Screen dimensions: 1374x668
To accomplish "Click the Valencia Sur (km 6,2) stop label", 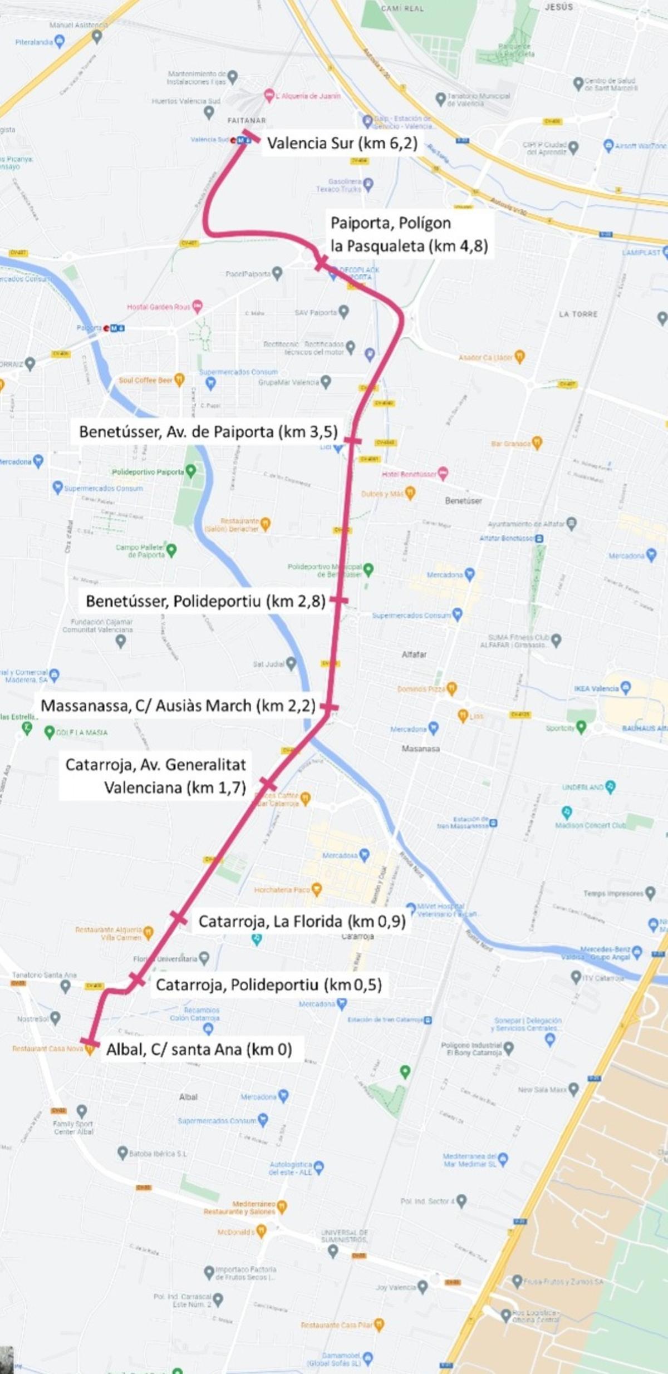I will [342, 144].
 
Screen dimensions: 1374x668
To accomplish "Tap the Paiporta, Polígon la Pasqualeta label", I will [409, 234].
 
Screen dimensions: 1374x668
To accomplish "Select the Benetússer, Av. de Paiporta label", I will [208, 432].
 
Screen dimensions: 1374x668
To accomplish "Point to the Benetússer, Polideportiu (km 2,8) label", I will [205, 601].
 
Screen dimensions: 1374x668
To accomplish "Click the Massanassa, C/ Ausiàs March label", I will [178, 706].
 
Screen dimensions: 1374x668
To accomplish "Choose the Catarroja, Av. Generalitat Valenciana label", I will [155, 776].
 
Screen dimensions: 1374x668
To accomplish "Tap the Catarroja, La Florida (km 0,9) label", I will [302, 922].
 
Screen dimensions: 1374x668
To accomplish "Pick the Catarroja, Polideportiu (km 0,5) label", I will [268, 985].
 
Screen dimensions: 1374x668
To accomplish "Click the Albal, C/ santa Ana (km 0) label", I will [199, 1050].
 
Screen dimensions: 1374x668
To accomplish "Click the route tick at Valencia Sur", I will [250, 136].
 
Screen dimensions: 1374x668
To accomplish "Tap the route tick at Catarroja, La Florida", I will [179, 918].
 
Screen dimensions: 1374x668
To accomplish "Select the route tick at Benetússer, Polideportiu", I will [338, 600].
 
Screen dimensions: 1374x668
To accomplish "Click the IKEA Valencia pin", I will [626, 687].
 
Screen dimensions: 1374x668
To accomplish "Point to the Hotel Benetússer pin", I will [443, 473].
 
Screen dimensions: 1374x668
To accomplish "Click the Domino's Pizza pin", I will [451, 688].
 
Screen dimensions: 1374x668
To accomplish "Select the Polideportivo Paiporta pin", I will [191, 471].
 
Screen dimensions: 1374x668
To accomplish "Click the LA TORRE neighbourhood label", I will [578, 314].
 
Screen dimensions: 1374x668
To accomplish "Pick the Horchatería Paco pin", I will [317, 889].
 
